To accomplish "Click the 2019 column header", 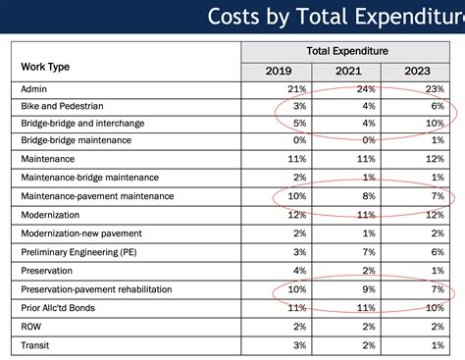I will click(279, 71).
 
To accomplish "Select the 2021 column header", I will click(349, 71).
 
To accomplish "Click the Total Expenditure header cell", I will click(348, 50).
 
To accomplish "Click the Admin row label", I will click(35, 89).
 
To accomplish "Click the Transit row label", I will click(37, 345).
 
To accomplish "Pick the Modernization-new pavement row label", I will click(82, 233).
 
